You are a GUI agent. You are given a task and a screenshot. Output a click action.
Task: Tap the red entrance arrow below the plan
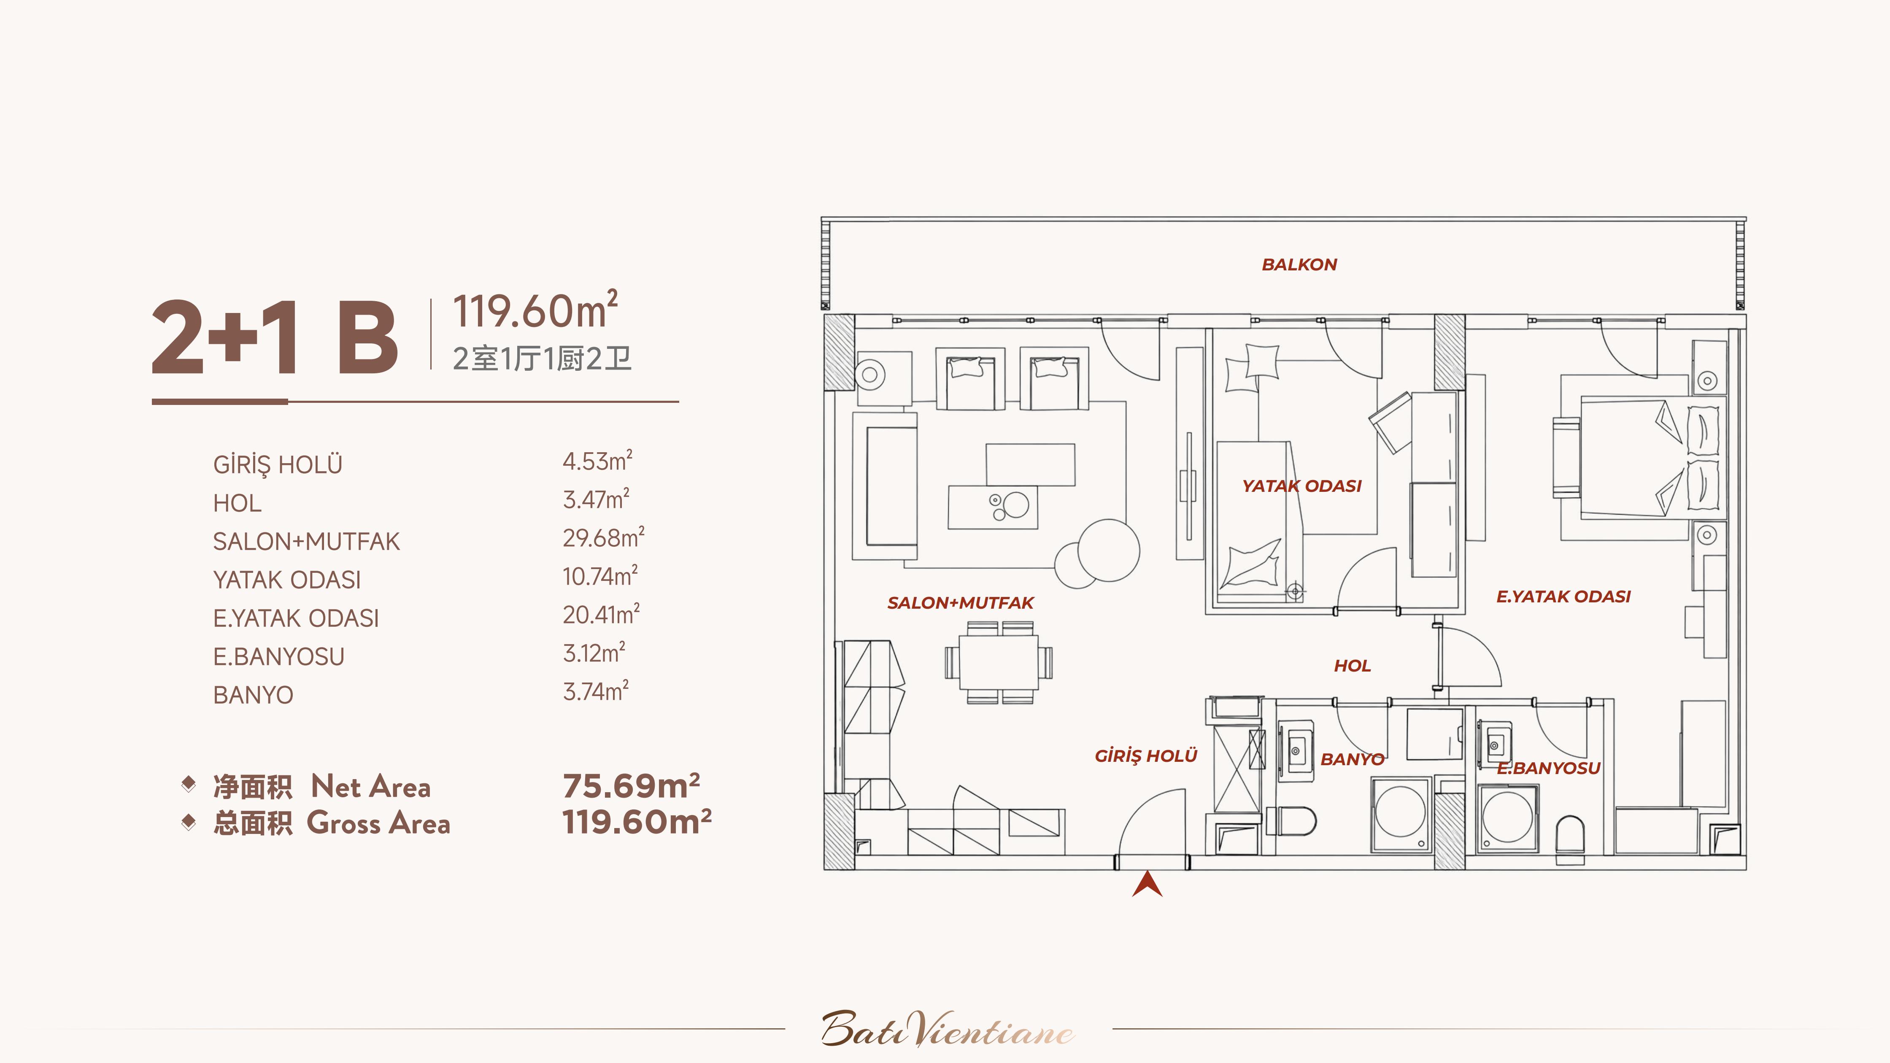pos(1147,884)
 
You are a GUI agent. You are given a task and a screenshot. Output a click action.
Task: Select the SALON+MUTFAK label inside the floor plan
pos(961,603)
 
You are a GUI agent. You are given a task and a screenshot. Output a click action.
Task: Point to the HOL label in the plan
pos(1352,666)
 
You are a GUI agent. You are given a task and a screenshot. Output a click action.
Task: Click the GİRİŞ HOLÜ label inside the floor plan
pos(1146,755)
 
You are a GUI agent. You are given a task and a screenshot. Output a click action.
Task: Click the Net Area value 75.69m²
pos(631,786)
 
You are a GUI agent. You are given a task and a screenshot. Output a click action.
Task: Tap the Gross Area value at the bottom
pos(637,822)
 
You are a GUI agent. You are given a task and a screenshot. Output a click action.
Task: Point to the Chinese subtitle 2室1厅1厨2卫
pos(542,359)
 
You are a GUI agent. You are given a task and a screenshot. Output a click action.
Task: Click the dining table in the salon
pos(999,662)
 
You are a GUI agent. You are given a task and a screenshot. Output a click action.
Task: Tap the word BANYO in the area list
pos(253,695)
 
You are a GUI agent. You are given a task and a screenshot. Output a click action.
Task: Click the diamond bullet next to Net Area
pos(189,784)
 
